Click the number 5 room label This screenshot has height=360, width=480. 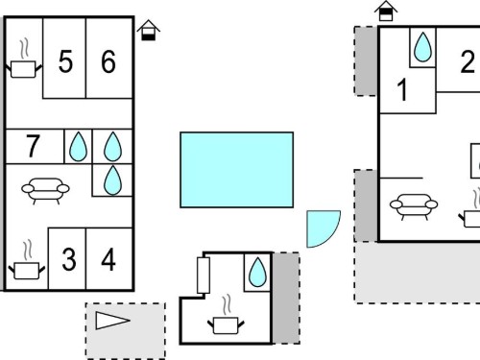(x=65, y=61)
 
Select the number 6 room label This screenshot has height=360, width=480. (x=108, y=61)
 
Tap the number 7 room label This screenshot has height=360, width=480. (x=33, y=146)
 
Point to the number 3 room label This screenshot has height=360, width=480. (x=69, y=259)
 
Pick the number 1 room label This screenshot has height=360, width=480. (x=402, y=90)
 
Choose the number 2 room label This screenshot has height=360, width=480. (x=468, y=61)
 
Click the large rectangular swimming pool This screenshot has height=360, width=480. (x=237, y=170)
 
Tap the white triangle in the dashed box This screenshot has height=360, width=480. (x=112, y=321)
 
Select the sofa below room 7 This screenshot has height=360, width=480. (x=45, y=191)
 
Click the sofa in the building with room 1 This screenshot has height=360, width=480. (x=414, y=206)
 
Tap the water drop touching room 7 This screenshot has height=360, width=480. (x=78, y=147)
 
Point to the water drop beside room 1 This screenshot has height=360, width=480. (x=422, y=47)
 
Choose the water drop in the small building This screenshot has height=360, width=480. (x=257, y=272)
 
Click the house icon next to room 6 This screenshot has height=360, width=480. (x=149, y=30)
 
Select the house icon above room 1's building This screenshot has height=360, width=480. (x=386, y=11)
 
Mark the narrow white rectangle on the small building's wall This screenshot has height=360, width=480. (x=204, y=276)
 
